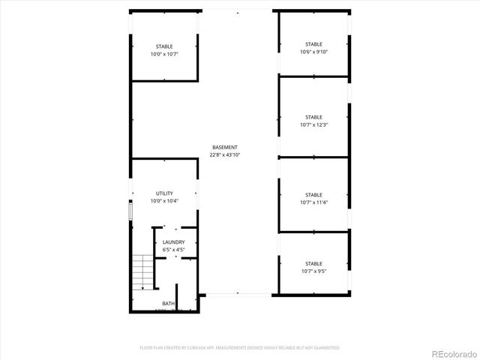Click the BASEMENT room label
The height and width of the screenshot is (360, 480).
tap(225, 147)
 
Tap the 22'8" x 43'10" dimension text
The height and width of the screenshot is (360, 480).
tap(225, 155)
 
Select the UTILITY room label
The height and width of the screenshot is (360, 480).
tap(164, 193)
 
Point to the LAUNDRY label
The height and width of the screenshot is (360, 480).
tap(174, 242)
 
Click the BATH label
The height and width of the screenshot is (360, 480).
tap(169, 304)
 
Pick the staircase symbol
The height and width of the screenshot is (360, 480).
tap(142, 271)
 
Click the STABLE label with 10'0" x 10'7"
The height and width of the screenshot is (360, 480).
tap(164, 46)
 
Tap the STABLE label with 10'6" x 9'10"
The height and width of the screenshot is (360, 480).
tap(313, 44)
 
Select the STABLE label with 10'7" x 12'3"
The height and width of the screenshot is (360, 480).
tap(313, 117)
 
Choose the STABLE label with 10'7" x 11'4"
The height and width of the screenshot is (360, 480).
tap(313, 194)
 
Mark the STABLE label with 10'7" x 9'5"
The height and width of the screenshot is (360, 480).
tap(313, 263)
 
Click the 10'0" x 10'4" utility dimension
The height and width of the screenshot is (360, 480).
tap(164, 202)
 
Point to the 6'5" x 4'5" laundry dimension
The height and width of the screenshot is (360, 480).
tap(174, 249)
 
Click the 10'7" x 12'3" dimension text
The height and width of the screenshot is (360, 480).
tap(313, 125)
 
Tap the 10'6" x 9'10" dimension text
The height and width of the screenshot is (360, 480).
tap(313, 52)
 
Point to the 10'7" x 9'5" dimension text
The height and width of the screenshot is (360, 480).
tap(313, 271)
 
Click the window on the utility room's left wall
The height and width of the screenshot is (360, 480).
tap(130, 211)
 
